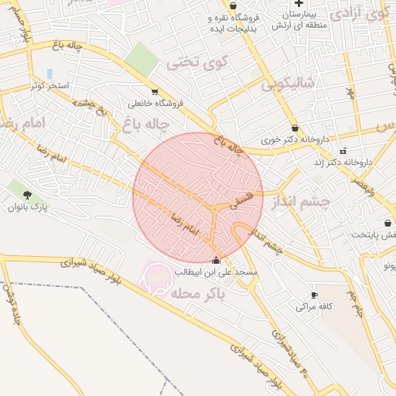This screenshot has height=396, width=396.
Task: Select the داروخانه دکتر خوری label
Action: coord(295,141)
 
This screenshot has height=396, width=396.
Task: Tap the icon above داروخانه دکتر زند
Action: coord(343,150)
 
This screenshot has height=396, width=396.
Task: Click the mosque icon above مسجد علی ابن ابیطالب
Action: coord(216,261)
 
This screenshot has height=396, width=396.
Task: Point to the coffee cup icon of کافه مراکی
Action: coord(314,295)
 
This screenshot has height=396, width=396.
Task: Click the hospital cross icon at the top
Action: coord(299,4)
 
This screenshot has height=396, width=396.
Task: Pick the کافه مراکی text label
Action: coord(314,307)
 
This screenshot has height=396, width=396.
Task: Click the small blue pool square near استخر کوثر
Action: coord(50,73)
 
